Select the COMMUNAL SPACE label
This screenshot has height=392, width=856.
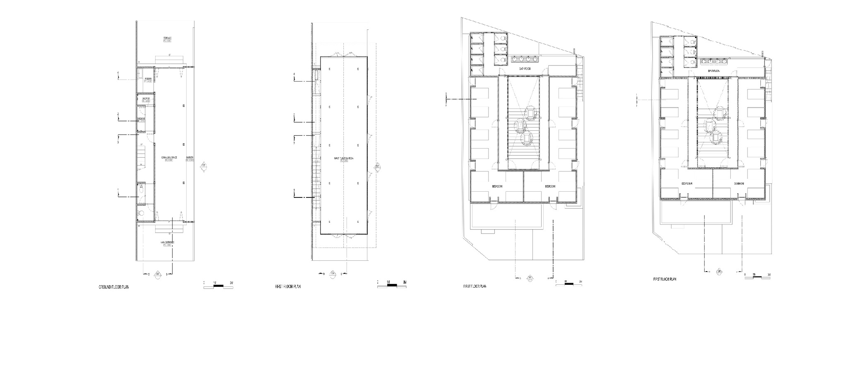[x=168, y=158]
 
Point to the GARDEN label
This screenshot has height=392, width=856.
[x=190, y=158]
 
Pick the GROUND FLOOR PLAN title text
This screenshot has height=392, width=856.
[x=113, y=287]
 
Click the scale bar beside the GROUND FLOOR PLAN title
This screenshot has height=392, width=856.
[x=218, y=285]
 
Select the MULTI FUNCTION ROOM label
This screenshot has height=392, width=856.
[x=343, y=158]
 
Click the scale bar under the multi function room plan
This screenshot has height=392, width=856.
[x=392, y=285]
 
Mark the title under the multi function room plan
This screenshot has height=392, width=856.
[x=288, y=286]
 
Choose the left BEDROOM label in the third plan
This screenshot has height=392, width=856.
[x=497, y=187]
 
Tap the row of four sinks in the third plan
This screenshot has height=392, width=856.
[x=524, y=59]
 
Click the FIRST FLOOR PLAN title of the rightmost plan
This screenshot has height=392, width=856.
[x=665, y=279]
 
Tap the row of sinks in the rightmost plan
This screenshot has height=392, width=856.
[x=715, y=62]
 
